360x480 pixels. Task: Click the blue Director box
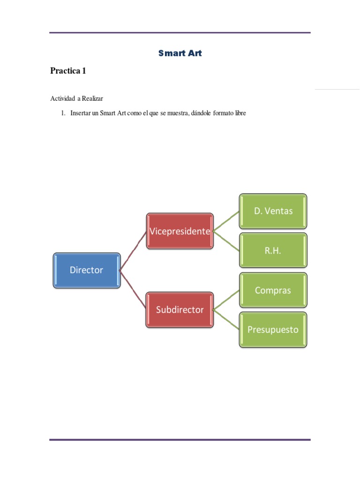[87, 270]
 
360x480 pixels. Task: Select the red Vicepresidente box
[180, 231]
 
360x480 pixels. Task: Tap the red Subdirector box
[180, 309]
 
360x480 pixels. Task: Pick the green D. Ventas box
[273, 211]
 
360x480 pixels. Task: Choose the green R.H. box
[273, 250]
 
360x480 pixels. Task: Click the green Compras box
[273, 290]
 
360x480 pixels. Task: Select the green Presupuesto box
[273, 330]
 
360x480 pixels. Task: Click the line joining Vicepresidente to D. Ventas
[226, 221]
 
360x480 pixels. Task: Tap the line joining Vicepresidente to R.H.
[226, 240]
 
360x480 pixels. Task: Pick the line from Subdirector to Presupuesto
[226, 319]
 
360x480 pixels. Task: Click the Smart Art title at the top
[180, 53]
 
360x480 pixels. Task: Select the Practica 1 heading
[68, 71]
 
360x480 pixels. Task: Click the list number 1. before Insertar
[64, 113]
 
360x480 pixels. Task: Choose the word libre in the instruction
[239, 113]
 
